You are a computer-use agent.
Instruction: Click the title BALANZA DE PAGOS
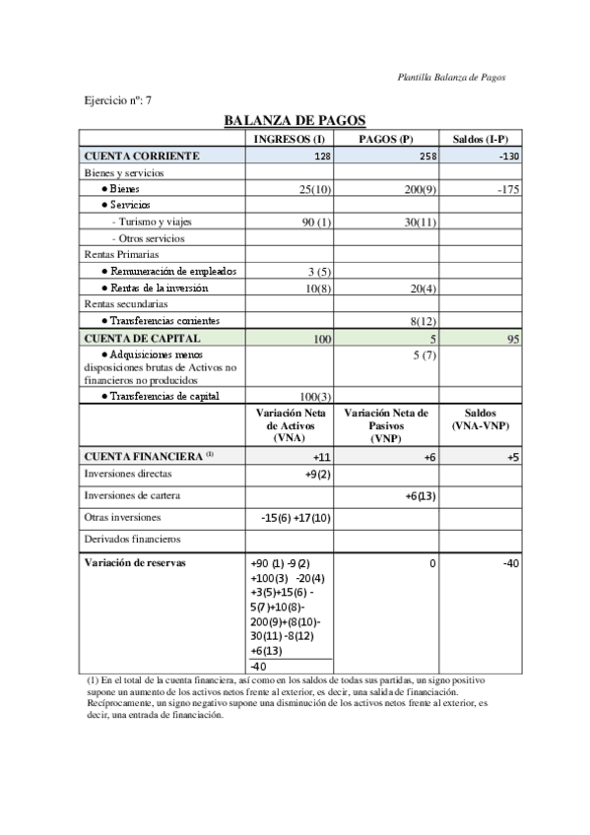point(295,120)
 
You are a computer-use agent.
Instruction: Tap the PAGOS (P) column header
point(385,139)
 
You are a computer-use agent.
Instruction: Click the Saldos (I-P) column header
point(480,139)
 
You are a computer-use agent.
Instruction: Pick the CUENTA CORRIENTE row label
point(143,156)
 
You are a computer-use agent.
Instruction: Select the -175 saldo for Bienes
point(507,189)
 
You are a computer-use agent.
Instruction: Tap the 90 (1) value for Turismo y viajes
point(316,223)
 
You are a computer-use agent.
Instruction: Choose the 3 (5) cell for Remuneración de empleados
point(318,271)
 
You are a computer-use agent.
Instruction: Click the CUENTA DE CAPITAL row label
point(143,338)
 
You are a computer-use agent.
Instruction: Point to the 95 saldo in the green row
point(512,339)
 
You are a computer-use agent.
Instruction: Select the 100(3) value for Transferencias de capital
point(314,396)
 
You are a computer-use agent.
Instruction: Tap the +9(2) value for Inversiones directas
point(317,475)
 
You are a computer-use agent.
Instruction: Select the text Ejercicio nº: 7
point(117,100)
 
